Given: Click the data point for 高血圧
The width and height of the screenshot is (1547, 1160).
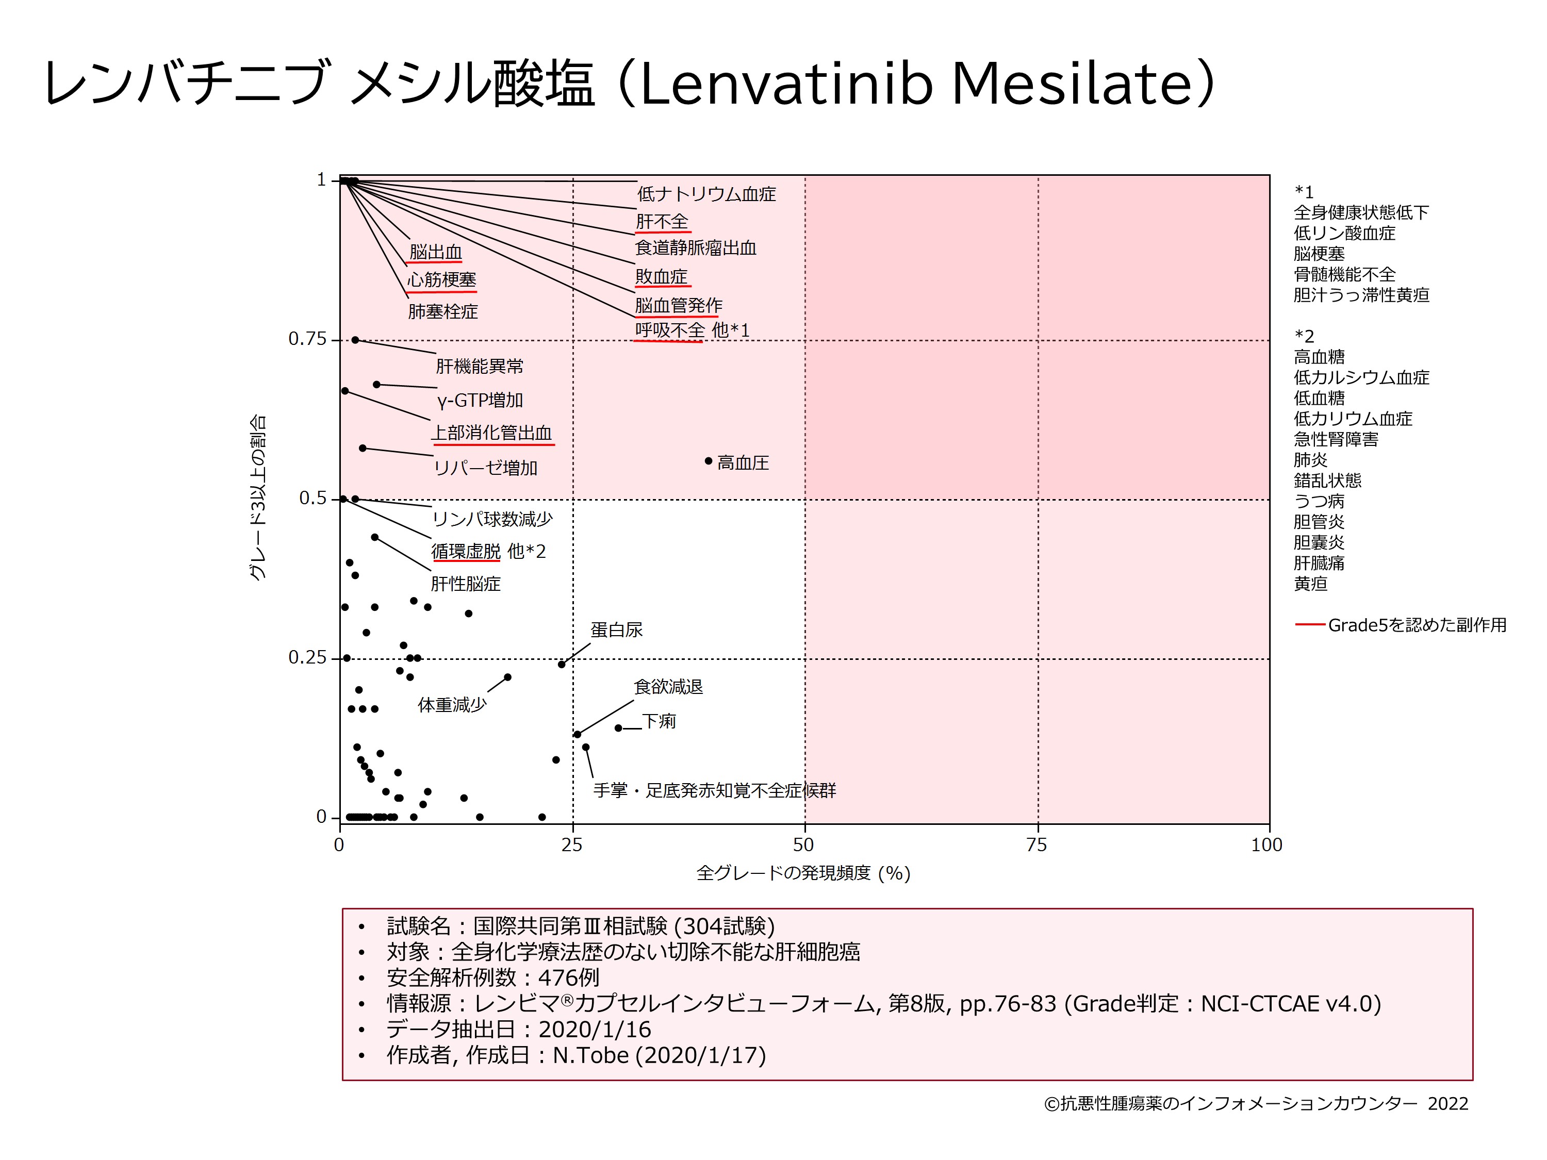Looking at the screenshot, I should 709,461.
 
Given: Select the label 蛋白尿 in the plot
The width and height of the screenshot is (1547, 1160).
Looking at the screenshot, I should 616,630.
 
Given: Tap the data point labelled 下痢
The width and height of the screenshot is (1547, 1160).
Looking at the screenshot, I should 618,728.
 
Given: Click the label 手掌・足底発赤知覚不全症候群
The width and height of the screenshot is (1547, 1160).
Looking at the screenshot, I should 714,790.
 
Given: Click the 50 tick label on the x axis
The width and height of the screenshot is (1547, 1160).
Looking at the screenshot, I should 803,846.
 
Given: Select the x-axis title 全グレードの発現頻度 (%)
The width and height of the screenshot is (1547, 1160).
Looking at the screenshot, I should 803,873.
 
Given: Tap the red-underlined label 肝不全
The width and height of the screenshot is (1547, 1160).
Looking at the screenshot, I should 662,222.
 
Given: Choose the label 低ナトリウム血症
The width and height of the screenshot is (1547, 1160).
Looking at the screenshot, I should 706,194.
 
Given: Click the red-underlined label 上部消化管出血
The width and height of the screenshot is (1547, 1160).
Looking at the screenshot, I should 491,433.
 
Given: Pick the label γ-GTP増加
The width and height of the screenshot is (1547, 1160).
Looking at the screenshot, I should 480,400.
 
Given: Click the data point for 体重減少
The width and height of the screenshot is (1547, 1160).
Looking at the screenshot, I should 508,677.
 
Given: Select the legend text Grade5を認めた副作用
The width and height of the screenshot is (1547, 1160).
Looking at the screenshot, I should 1417,624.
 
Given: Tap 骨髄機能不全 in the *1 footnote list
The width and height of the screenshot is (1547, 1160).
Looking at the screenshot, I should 1344,274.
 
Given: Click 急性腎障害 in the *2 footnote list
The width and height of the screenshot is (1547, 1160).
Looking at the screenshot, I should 1336,439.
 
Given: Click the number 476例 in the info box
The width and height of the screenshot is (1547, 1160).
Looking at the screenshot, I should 568,977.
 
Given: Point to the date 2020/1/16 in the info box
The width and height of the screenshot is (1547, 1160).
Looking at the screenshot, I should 595,1029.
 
